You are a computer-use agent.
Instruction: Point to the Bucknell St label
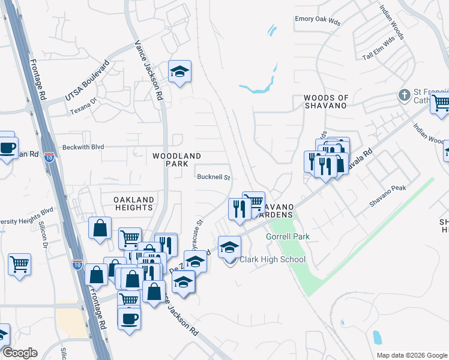point(214,177)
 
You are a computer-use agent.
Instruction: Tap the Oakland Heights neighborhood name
point(134,203)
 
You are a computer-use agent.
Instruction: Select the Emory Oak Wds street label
point(318,19)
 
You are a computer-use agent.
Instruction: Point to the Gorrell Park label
point(288,236)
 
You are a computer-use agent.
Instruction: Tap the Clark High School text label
point(273,260)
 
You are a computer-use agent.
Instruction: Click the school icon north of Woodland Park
point(179,73)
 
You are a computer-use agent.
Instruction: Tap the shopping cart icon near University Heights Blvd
point(20,263)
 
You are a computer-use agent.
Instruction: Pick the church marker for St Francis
point(405,95)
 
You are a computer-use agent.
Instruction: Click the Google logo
point(20,353)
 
